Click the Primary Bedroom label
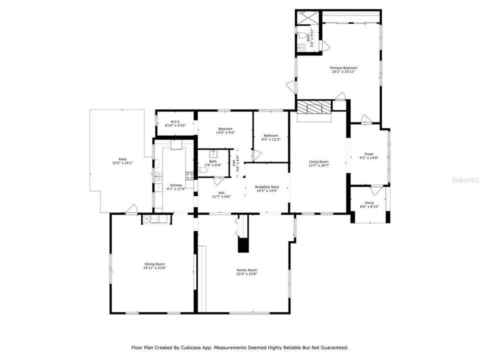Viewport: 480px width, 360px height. [x=343, y=68]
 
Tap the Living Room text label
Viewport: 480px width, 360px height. [x=318, y=161]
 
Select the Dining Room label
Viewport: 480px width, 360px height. [x=154, y=264]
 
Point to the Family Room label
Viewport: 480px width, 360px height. [x=246, y=270]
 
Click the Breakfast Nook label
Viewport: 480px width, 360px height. [x=267, y=187]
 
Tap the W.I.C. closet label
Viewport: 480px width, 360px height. [x=175, y=121]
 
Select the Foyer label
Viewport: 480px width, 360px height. [x=369, y=154]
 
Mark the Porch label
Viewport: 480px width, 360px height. [x=369, y=203]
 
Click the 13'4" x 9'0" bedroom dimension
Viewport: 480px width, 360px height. [x=224, y=133]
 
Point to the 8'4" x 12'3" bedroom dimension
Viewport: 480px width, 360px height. [x=271, y=139]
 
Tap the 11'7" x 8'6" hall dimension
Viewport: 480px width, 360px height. [x=221, y=196]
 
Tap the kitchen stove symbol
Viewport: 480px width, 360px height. [x=189, y=175]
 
